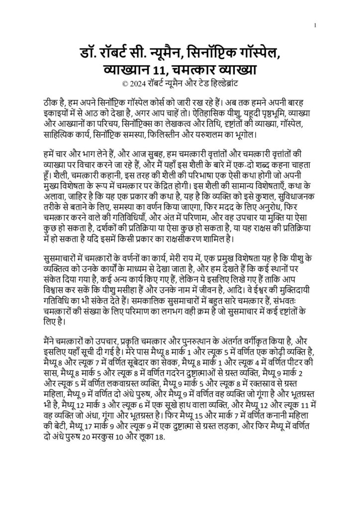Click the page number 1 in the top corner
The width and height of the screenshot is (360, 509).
(x=316, y=25)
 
